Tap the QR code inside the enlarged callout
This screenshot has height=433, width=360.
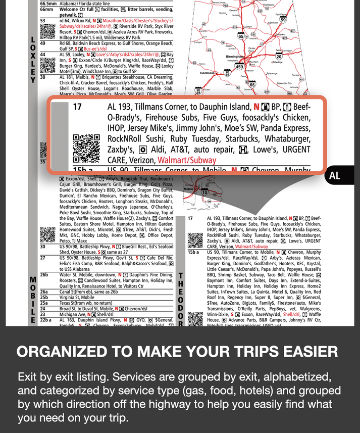tap(86, 148)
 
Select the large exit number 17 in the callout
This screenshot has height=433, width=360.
tap(77, 107)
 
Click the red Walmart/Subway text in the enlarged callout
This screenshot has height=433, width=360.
tap(187, 160)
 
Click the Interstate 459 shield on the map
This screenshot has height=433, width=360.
tap(239, 67)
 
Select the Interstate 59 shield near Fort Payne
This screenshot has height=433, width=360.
tap(283, 20)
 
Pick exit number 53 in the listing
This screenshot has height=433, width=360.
tap(43, 21)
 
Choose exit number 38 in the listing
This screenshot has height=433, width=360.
tap(43, 77)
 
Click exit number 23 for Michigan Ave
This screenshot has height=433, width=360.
tap(43, 314)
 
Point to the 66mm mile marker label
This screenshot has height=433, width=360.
tap(46, 9)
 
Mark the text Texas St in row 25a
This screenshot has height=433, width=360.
tap(69, 303)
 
